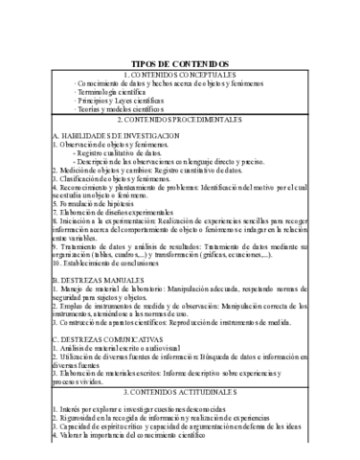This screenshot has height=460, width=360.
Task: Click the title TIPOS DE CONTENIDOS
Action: click(179, 62)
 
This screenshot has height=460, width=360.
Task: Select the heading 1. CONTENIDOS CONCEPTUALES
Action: click(179, 74)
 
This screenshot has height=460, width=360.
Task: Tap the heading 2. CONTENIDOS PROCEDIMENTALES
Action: click(179, 121)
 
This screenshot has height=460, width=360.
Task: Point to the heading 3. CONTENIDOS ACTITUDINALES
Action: click(179, 366)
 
